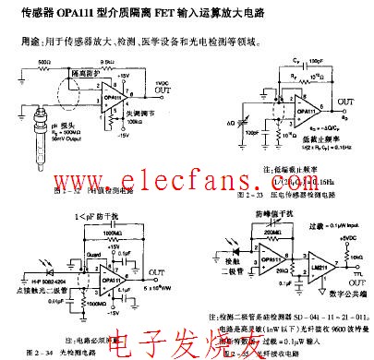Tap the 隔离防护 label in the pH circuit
(x=88, y=70)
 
